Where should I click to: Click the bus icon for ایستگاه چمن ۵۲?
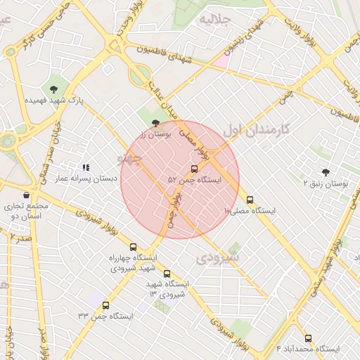(x=194, y=169)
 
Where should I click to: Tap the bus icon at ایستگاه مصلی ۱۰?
(x=250, y=200)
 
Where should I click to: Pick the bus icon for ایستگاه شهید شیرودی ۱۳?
(x=167, y=274)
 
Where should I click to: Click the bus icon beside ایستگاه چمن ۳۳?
(x=105, y=305)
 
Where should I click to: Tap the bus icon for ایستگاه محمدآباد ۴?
(x=308, y=338)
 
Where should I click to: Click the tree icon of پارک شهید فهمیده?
(x=53, y=89)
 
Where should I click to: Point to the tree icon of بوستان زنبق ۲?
(x=325, y=172)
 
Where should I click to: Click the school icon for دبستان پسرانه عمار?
(x=86, y=167)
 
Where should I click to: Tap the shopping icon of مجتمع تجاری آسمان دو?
(x=27, y=195)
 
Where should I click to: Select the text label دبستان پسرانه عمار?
(x=86, y=179)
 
